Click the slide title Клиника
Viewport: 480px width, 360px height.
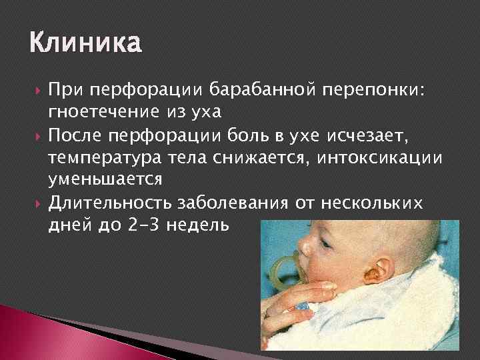(x=85, y=44)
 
